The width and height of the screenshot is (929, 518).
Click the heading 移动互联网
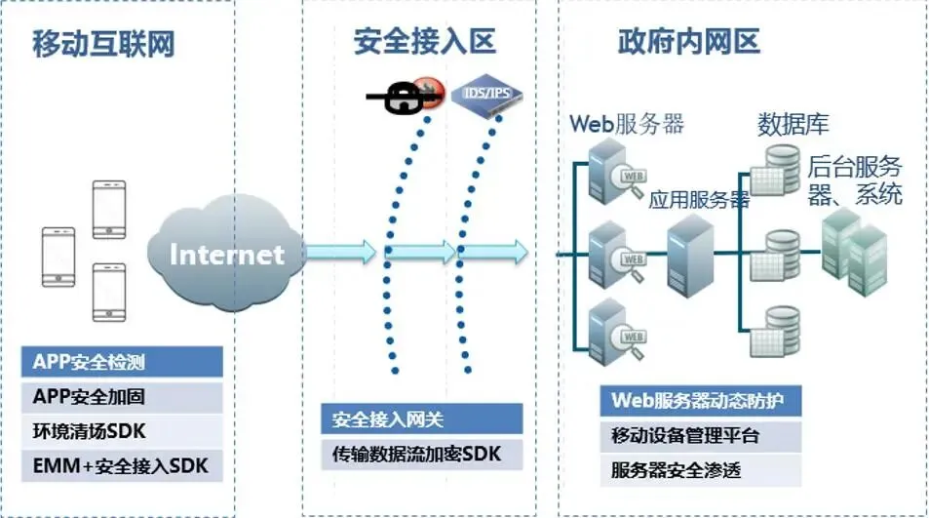click(103, 43)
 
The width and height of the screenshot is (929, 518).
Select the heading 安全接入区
click(424, 41)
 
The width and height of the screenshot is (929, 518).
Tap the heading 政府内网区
click(689, 41)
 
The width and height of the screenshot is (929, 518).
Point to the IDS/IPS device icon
click(486, 95)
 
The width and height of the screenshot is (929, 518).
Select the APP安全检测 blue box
click(122, 363)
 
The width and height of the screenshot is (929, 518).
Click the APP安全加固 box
click(122, 397)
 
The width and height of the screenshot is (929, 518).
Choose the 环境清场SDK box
click(122, 431)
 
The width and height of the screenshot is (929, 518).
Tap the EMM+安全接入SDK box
click(122, 465)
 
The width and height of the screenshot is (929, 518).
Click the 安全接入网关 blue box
click(421, 419)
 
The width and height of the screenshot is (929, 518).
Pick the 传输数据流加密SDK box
click(421, 454)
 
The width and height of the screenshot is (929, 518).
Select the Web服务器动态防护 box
click(701, 401)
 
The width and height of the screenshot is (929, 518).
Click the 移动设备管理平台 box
click(701, 435)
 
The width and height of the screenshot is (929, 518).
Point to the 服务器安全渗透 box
click(701, 470)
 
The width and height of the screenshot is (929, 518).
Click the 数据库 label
click(793, 125)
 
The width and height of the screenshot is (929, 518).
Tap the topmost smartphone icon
click(108, 209)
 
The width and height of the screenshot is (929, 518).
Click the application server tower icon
click(689, 256)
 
